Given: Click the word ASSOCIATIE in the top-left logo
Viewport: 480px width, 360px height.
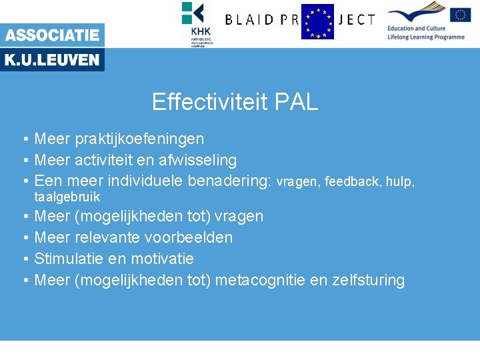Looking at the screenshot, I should click(52, 35).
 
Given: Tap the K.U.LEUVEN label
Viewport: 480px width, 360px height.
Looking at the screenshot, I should click(52, 60).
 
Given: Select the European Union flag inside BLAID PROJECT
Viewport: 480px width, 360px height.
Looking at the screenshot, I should click(317, 21).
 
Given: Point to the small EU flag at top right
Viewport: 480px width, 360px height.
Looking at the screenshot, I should click(460, 15).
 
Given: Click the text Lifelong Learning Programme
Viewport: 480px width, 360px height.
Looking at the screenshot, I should click(426, 37).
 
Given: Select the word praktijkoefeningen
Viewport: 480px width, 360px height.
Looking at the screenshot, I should click(139, 139).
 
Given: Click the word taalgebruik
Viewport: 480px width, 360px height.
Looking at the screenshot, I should click(67, 197).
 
